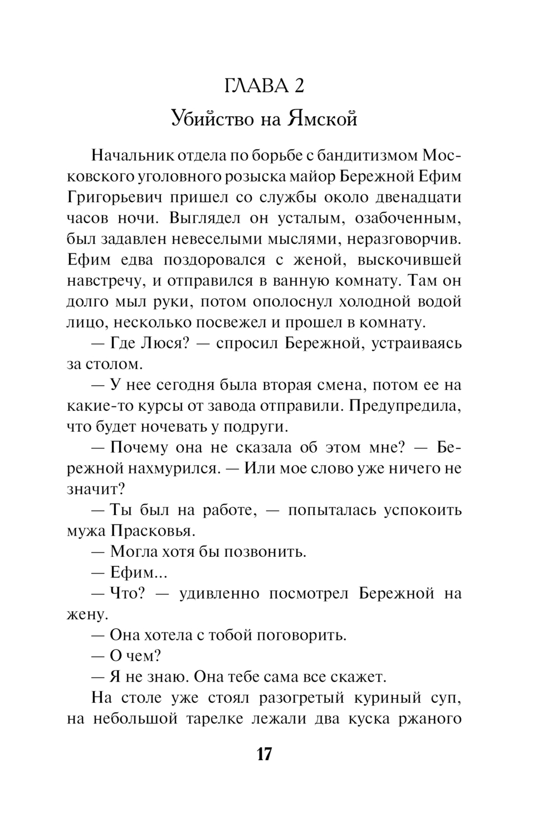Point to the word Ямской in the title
(x=323, y=118)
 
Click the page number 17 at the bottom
(x=264, y=754)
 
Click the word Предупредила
(x=405, y=406)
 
